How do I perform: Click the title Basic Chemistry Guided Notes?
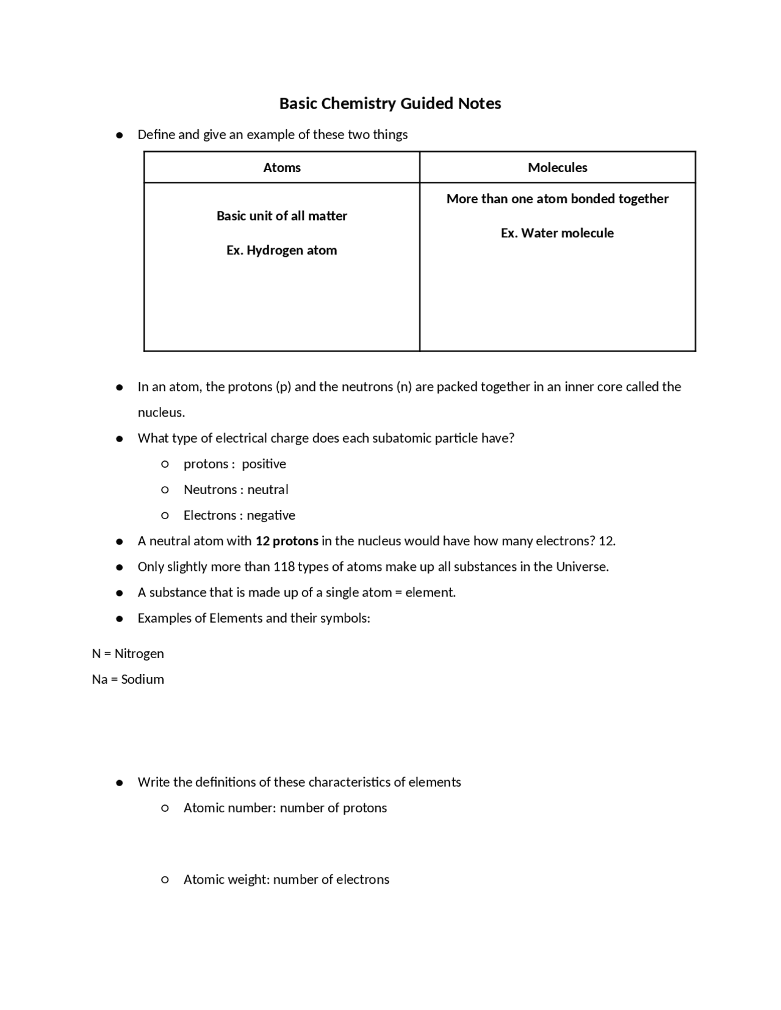pos(390,104)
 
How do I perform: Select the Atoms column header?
pos(282,168)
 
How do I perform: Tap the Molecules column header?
pos(557,168)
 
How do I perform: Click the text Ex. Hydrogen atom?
pos(281,250)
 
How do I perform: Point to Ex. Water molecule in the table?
pos(557,233)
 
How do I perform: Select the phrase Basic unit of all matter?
pos(281,216)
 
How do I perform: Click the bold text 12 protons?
pos(287,541)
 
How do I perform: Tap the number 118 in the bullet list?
pos(284,567)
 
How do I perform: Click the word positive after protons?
pos(264,464)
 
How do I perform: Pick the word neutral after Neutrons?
pos(268,490)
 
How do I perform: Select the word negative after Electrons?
pos(271,515)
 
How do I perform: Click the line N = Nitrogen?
pos(128,654)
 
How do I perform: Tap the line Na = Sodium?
pos(128,679)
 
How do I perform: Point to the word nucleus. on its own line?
pos(161,413)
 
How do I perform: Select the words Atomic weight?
pos(226,879)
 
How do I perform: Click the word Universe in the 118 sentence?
pos(581,567)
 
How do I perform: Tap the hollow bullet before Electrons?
pos(165,515)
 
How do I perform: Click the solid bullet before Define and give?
pos(120,135)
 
